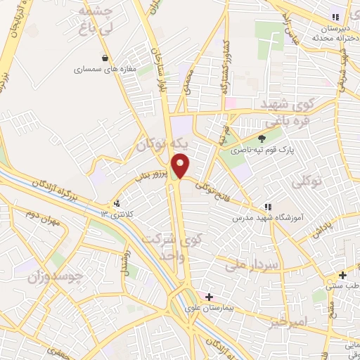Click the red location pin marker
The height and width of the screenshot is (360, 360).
tap(181, 166)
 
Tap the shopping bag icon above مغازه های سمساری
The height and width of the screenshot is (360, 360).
tap(105, 58)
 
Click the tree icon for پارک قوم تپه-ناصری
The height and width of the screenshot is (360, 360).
tap(262, 139)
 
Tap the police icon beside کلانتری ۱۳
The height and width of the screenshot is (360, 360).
tap(117, 203)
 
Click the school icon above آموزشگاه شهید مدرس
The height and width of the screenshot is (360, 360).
tap(267, 207)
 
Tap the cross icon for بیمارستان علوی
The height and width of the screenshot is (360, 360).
tap(209, 297)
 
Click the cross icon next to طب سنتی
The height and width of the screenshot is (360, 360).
tap(342, 275)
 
